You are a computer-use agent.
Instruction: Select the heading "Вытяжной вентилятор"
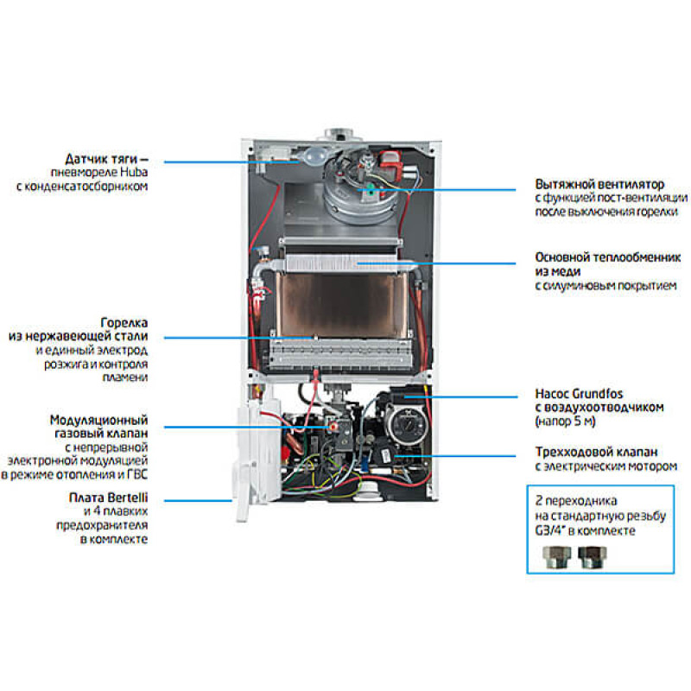[x=599, y=185]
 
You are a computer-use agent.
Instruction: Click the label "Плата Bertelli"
[x=107, y=498]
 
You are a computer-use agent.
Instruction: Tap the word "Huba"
[x=133, y=173]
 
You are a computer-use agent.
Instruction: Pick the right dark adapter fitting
[x=590, y=559]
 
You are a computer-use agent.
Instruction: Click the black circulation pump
[x=399, y=423]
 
